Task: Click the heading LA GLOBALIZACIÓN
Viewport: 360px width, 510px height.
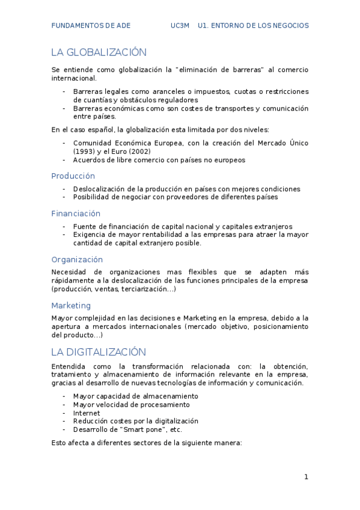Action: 99,52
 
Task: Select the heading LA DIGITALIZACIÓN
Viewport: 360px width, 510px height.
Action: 99,352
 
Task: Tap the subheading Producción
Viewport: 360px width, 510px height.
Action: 73,176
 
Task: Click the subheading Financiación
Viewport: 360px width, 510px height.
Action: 76,214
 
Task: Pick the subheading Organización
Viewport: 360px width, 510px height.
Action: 77,260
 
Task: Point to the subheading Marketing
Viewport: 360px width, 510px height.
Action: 71,306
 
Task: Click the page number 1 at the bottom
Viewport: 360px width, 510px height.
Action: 306,477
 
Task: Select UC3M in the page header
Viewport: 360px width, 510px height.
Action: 180,26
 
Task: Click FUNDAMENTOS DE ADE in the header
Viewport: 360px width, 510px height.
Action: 90,26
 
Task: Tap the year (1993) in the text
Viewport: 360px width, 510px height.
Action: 85,152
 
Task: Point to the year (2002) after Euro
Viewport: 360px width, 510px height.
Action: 139,152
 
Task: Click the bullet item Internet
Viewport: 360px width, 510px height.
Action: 87,413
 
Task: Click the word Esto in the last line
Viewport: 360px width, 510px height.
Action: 59,443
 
